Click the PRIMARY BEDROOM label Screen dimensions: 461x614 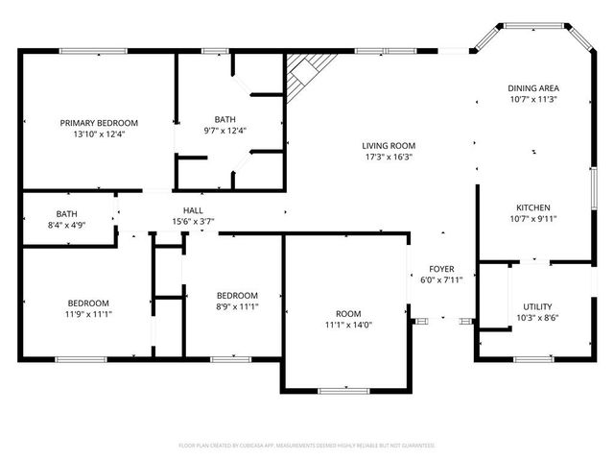[x=99, y=123]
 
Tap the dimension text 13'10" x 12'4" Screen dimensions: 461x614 [x=99, y=134]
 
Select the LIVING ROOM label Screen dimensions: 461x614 [x=389, y=146]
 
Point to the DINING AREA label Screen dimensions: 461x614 [x=532, y=88]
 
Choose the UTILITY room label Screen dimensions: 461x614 [x=537, y=306]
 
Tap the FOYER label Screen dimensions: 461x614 [x=441, y=269]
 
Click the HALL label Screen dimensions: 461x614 [x=193, y=210]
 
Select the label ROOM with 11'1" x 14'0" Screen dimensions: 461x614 [x=348, y=314]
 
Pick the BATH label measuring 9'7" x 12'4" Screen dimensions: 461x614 [x=225, y=119]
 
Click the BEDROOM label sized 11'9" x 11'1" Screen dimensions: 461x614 [x=87, y=303]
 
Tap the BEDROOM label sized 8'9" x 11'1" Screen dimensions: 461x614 [x=236, y=295]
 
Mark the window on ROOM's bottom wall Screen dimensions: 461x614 [x=343, y=390]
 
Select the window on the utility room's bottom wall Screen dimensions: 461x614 [x=533, y=360]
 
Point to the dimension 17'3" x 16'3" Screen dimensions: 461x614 [x=389, y=158]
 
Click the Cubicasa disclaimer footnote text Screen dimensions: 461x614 [x=307, y=446]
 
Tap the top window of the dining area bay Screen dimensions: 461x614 [x=534, y=25]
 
